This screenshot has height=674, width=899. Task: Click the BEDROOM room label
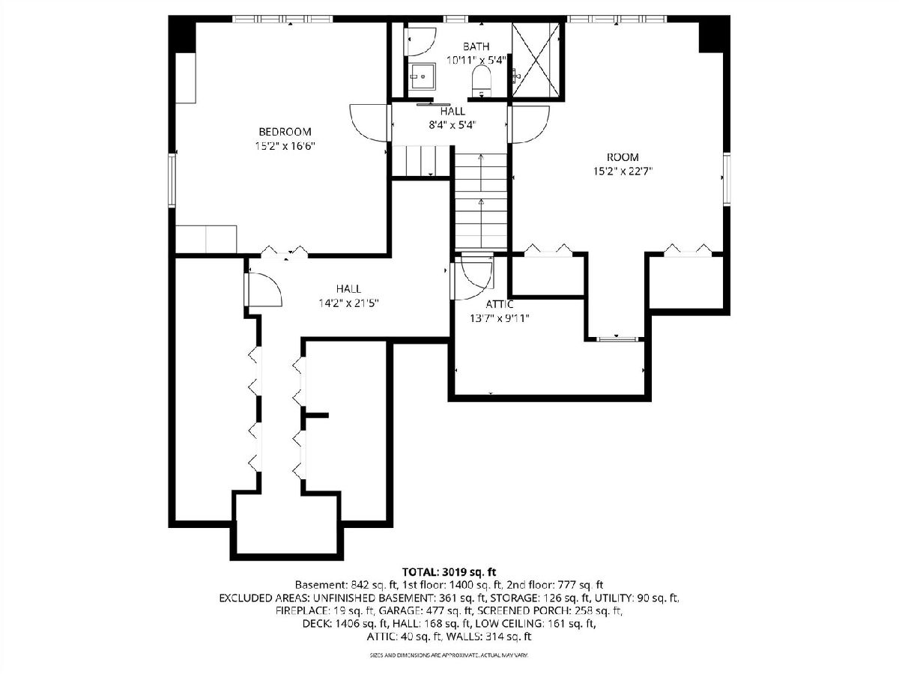(285, 132)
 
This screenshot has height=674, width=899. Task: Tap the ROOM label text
(623, 157)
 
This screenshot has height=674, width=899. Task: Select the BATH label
(476, 46)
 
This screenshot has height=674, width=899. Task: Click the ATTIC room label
(499, 305)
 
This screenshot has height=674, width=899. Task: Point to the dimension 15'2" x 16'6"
(285, 146)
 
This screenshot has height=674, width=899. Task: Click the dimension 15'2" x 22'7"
(623, 171)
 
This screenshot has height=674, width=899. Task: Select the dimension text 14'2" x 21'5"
(348, 303)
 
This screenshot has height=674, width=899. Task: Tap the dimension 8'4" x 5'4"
(452, 125)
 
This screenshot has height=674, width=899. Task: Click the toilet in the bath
(481, 82)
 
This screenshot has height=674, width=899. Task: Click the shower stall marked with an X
(536, 60)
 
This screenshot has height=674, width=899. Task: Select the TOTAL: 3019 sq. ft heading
(449, 571)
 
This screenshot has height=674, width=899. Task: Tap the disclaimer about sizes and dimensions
(449, 655)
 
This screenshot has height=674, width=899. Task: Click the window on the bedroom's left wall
(172, 180)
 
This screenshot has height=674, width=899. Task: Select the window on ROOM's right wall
(727, 178)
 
